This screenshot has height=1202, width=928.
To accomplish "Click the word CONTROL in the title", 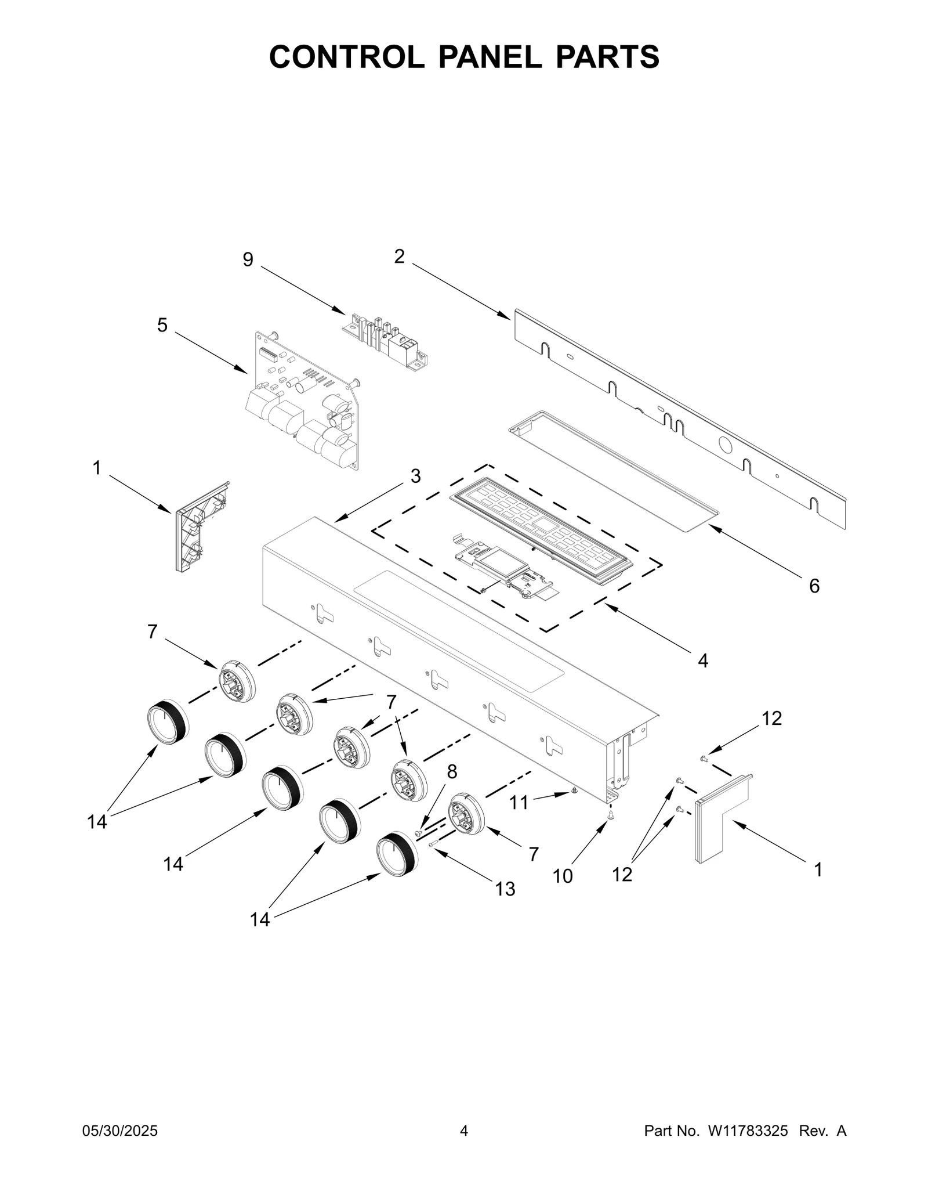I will point(346,56).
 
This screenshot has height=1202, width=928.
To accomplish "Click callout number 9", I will point(248,259).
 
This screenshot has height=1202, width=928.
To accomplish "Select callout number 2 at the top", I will point(399,257).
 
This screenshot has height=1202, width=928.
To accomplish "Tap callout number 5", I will point(162,325).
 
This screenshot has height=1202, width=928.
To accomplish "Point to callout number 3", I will point(415,476).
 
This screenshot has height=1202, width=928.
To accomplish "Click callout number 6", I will point(814,586).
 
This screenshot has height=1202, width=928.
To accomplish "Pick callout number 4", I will point(702,660).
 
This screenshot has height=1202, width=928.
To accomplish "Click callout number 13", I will point(505,889).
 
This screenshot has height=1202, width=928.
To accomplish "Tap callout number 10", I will point(562,876).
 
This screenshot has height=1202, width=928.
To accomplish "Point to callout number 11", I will point(519,803).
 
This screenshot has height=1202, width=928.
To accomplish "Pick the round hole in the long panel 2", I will point(725,446).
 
